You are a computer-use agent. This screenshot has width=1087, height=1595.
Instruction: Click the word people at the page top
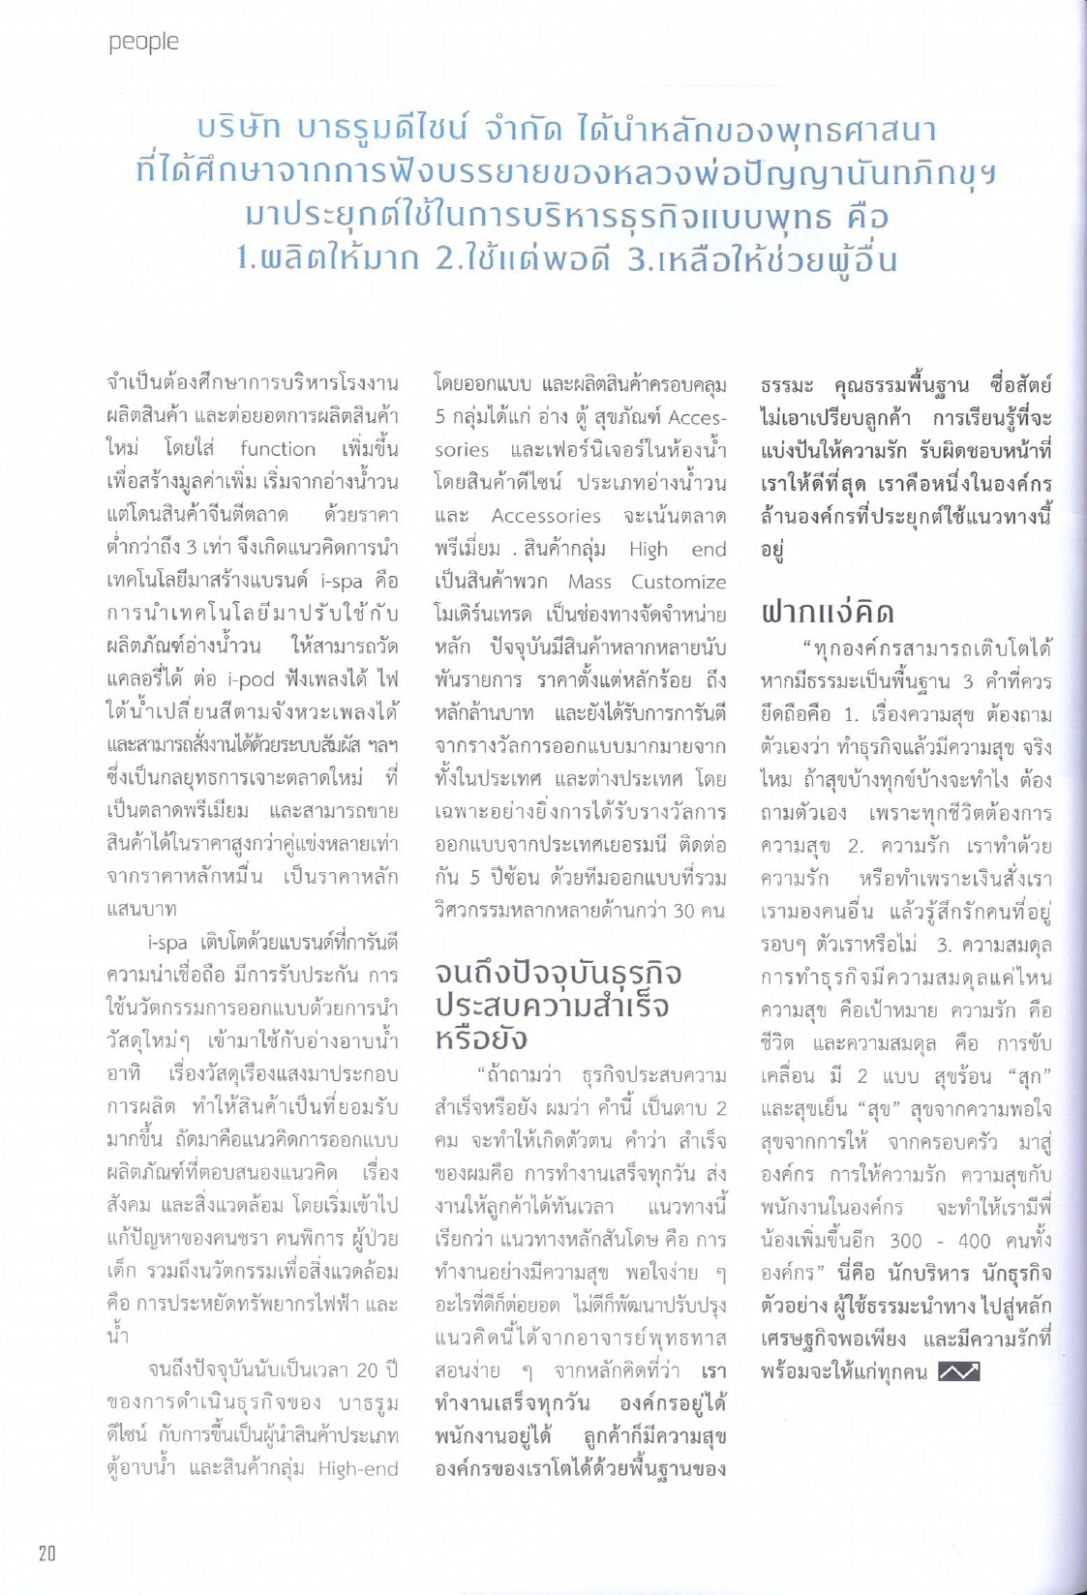143,42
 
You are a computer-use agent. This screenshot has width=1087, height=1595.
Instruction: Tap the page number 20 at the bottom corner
47,1553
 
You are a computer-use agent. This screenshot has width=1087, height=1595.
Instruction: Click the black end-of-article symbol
959,1371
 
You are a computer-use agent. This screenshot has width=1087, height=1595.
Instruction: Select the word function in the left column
278,448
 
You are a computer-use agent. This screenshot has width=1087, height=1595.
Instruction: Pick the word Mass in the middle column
589,581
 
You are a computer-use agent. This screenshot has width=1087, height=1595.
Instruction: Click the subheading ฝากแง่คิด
827,612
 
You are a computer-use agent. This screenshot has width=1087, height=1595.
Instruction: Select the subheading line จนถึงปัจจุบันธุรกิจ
559,973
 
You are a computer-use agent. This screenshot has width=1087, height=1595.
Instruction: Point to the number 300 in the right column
906,1240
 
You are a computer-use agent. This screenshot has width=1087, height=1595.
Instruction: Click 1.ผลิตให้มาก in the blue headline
327,258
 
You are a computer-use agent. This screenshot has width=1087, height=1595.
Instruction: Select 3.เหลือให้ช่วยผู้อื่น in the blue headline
762,258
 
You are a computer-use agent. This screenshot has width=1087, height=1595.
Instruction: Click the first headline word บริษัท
238,129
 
